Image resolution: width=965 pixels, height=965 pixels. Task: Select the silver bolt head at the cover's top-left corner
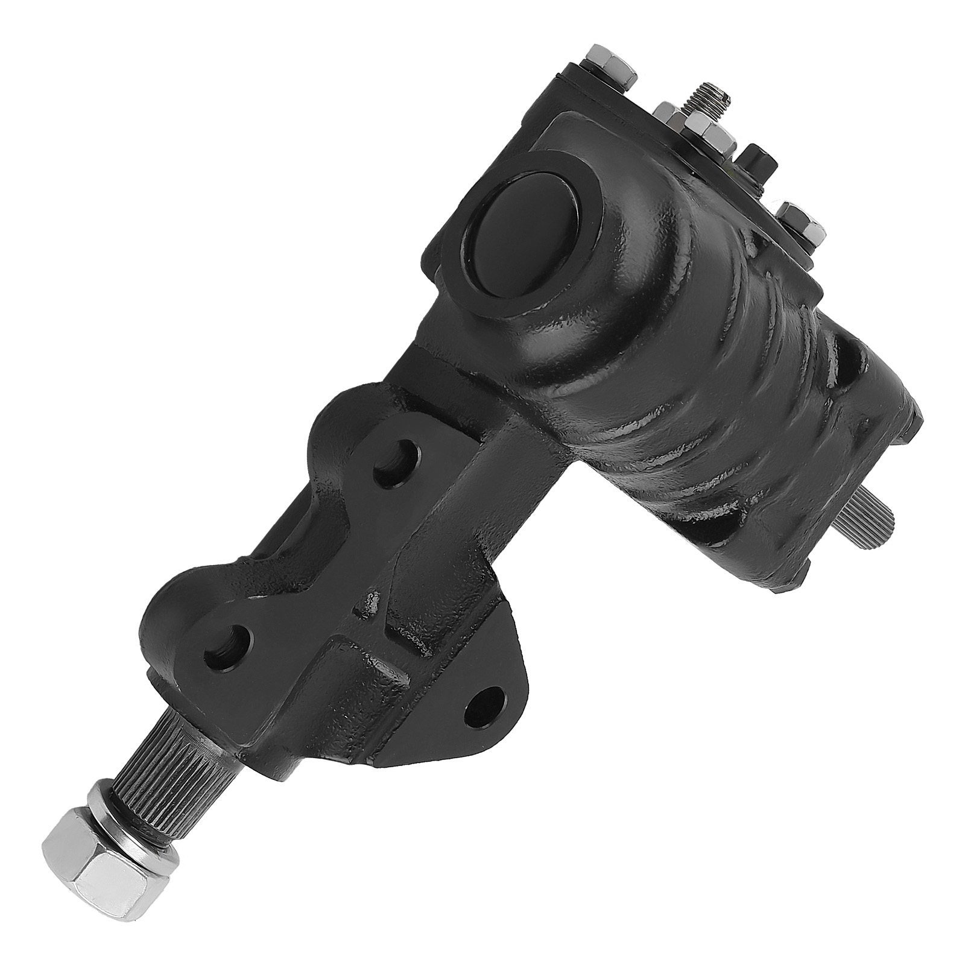pyautogui.click(x=613, y=65)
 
